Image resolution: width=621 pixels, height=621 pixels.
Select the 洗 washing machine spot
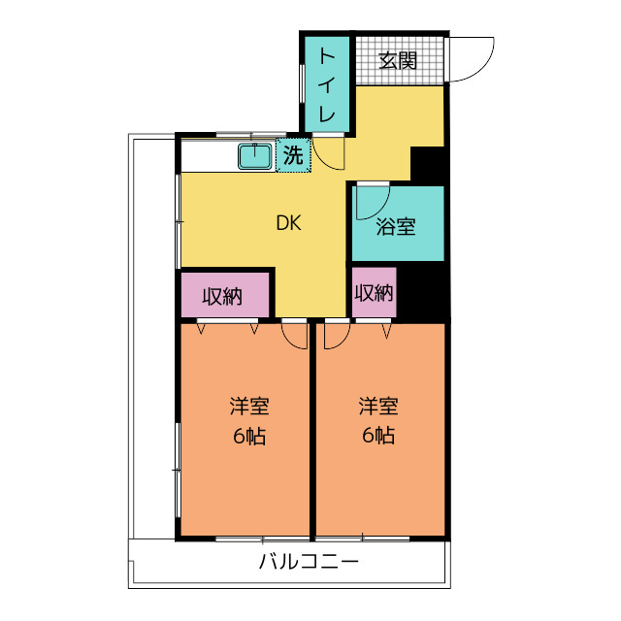293,154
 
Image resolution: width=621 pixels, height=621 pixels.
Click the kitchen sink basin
256,155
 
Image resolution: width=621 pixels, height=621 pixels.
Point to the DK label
288,223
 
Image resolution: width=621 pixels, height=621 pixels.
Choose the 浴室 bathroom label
396,228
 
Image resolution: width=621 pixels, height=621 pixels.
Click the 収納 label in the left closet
222,297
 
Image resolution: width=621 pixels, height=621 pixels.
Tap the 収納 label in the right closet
374,293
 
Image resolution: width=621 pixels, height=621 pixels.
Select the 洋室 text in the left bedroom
249,407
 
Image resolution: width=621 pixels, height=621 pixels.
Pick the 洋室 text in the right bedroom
378,407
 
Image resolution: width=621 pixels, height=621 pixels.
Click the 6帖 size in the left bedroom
249,436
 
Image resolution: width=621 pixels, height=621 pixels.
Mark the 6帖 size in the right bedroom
378,436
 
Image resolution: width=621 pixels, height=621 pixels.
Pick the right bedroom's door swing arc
337,335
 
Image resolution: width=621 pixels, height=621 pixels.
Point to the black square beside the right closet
424,294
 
